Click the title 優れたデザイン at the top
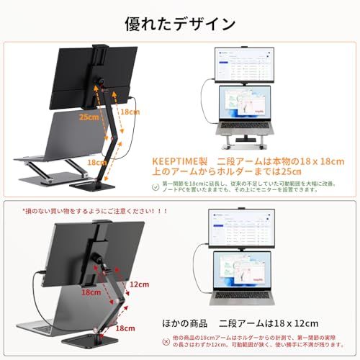click(179, 23)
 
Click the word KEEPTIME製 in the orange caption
click(174, 163)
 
